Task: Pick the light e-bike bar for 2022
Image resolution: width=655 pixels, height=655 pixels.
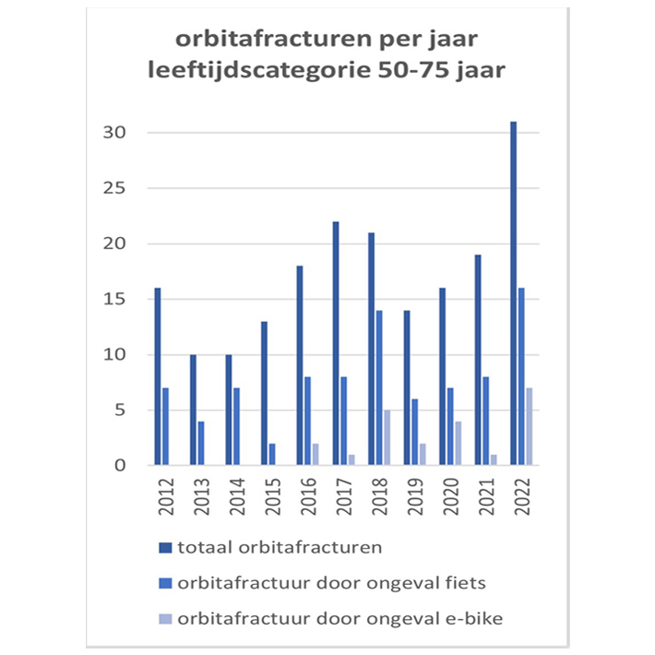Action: pyautogui.click(x=530, y=426)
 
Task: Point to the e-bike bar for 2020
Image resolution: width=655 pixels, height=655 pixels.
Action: pyautogui.click(x=458, y=443)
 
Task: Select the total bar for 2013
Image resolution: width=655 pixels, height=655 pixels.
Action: pyautogui.click(x=192, y=410)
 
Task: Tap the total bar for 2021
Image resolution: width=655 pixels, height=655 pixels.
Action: pyautogui.click(x=477, y=360)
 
